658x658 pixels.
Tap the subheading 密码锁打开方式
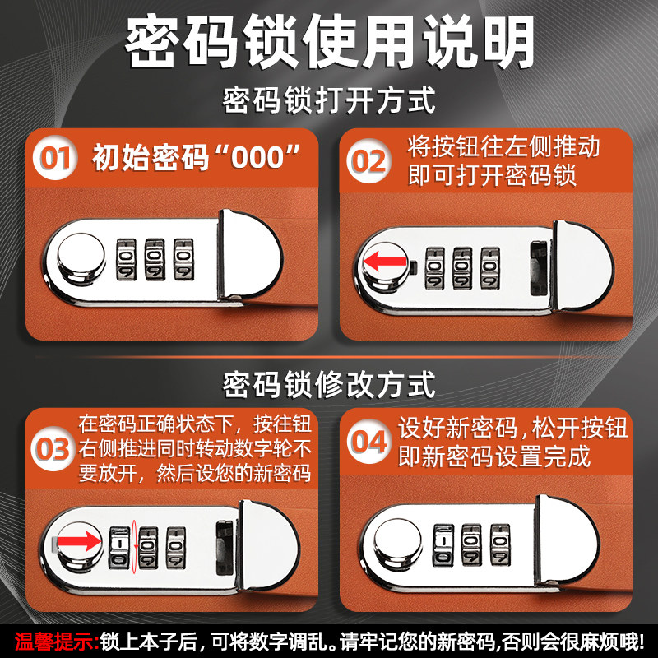[x=329, y=102]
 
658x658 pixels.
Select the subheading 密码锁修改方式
[x=329, y=383]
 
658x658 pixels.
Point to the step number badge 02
[x=368, y=160]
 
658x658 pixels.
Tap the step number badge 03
[x=53, y=450]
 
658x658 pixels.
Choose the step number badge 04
[x=368, y=442]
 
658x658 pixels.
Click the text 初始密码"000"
[x=194, y=156]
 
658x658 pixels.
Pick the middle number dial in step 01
[x=155, y=258]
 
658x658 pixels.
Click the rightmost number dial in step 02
[x=490, y=267]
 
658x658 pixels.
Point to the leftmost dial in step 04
[x=443, y=544]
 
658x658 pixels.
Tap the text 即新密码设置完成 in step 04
[x=494, y=456]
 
